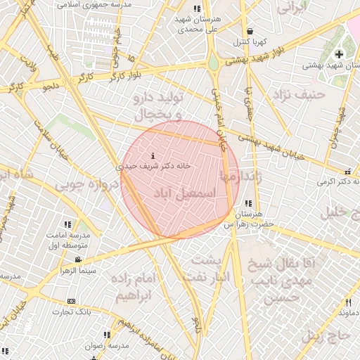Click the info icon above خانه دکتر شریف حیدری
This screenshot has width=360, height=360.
pyautogui.click(x=153, y=155)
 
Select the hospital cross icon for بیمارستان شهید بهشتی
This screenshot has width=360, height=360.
pyautogui.click(x=339, y=54)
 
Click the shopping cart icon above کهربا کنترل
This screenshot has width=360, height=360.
pyautogui.click(x=251, y=31)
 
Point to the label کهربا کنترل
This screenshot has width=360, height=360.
pyautogui.click(x=251, y=41)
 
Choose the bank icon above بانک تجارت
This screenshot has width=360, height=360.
pyautogui.click(x=71, y=300)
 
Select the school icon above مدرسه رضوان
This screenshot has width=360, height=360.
pyautogui.click(x=106, y=335)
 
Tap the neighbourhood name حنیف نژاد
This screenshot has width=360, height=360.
pyautogui.click(x=309, y=93)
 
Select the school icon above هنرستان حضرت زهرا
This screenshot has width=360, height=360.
pyautogui.click(x=248, y=203)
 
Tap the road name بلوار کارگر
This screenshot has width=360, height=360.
pyautogui.click(x=124, y=74)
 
